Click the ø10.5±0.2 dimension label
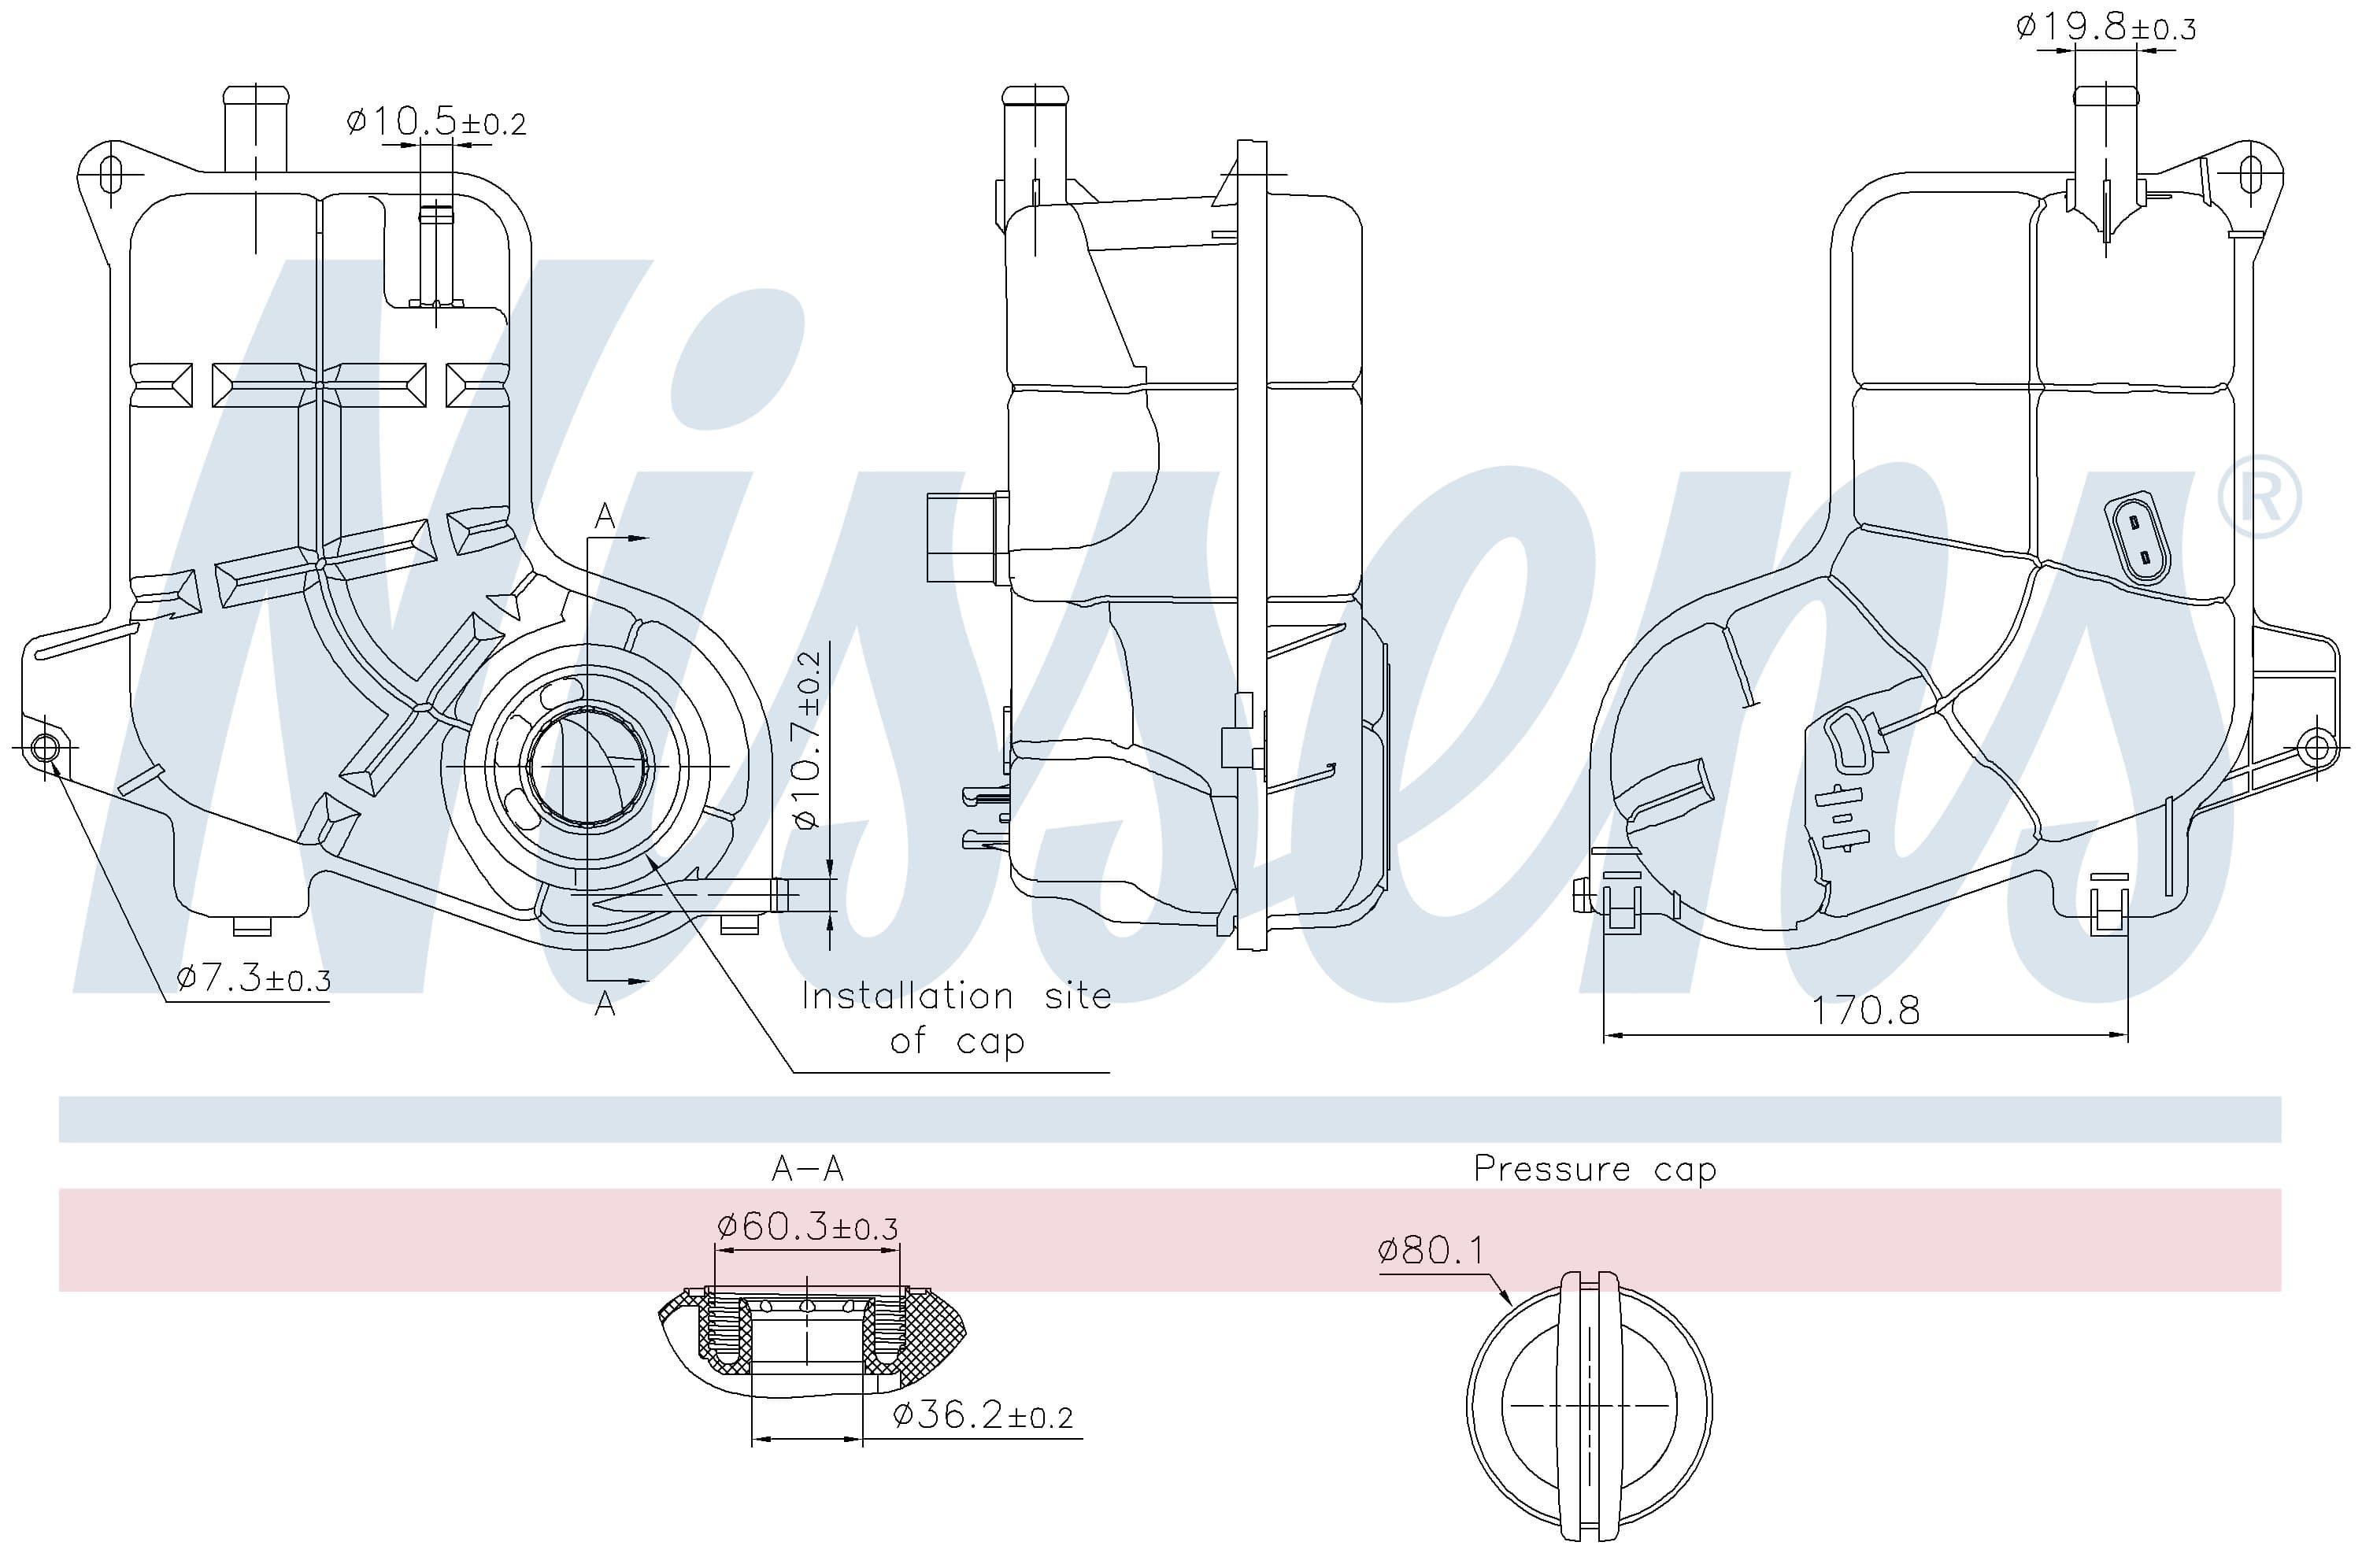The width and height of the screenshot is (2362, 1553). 435,123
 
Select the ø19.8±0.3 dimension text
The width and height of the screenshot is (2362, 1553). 2105,27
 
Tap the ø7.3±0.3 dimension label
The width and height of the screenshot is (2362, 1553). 253,979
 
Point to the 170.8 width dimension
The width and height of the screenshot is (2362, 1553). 1866,1010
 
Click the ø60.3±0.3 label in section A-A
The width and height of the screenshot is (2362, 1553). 807,1226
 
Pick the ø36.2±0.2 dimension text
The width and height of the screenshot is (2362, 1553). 983,1415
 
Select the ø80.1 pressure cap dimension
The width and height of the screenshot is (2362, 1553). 1432,1250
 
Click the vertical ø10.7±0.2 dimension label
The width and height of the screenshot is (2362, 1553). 808,740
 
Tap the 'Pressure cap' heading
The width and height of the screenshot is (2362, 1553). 1595,1169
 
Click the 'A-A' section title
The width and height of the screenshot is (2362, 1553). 808,1169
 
